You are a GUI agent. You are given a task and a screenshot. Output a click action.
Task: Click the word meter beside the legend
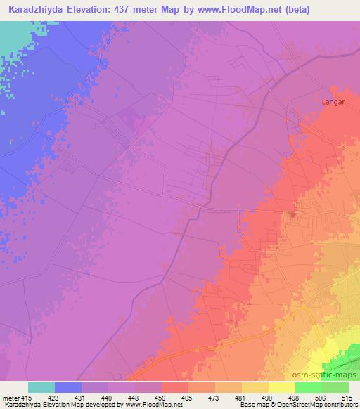(11, 398)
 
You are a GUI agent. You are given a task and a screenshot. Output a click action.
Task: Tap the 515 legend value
(349, 398)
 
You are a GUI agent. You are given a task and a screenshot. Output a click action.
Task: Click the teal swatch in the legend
(41, 387)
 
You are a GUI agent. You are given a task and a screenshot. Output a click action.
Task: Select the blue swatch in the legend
(67, 387)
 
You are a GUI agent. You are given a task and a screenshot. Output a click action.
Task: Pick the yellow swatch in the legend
(281, 387)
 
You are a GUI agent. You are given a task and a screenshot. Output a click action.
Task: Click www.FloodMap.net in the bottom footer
(153, 405)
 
